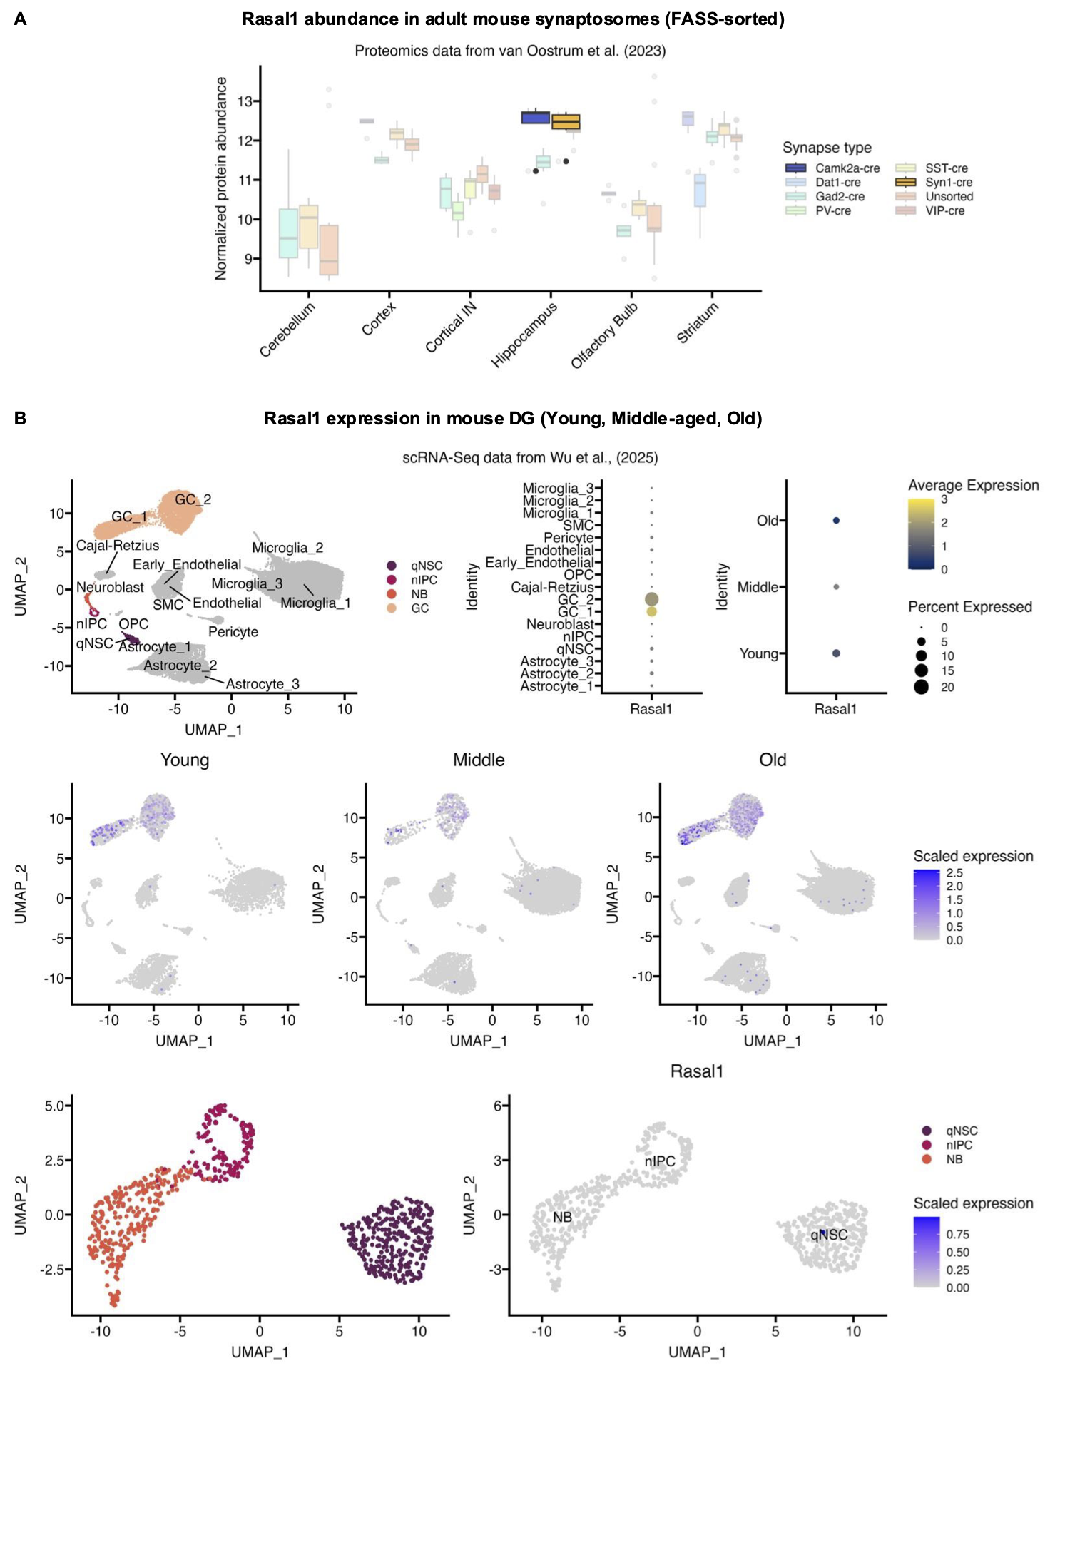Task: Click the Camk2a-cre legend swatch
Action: pos(795,168)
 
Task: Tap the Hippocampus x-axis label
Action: pos(524,335)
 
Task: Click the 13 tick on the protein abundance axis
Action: pos(245,101)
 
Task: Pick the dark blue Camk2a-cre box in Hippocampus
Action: pos(536,118)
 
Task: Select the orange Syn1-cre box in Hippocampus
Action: pos(566,122)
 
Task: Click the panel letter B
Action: pos(20,418)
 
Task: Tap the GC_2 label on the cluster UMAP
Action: pos(193,499)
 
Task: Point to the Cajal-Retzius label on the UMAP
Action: pos(118,546)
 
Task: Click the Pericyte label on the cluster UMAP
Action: pos(233,632)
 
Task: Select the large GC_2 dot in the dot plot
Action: pos(651,599)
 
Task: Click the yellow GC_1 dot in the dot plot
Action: pos(651,611)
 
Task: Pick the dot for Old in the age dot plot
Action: pos(836,521)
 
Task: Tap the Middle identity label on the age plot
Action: pos(758,587)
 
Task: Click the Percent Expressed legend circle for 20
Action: pos(921,687)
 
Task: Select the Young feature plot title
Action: pos(185,760)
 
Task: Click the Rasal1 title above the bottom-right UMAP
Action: pos(697,1071)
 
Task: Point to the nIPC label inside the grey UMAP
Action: pos(660,1161)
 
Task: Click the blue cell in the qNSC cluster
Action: pos(822,1233)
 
